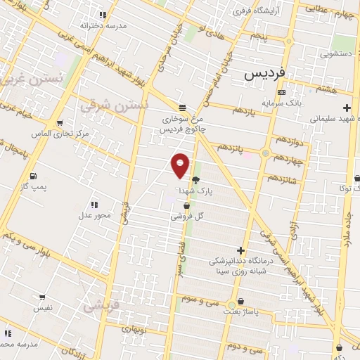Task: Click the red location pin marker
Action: click(x=181, y=165)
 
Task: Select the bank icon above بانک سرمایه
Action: click(x=281, y=92)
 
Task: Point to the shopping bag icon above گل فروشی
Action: click(x=186, y=206)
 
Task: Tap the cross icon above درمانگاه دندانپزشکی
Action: click(x=241, y=250)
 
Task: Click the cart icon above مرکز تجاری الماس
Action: click(x=60, y=122)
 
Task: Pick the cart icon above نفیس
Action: click(x=42, y=297)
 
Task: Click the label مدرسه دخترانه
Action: click(x=103, y=25)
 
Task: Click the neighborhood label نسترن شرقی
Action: click(x=114, y=106)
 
